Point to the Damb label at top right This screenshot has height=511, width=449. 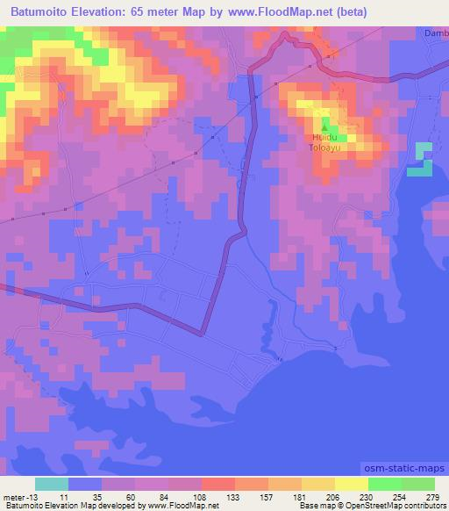tap(436, 32)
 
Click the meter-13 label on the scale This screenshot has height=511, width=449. tap(19, 496)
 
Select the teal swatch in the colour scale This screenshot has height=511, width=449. tap(52, 484)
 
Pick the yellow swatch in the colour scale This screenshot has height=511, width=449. tap(351, 484)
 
